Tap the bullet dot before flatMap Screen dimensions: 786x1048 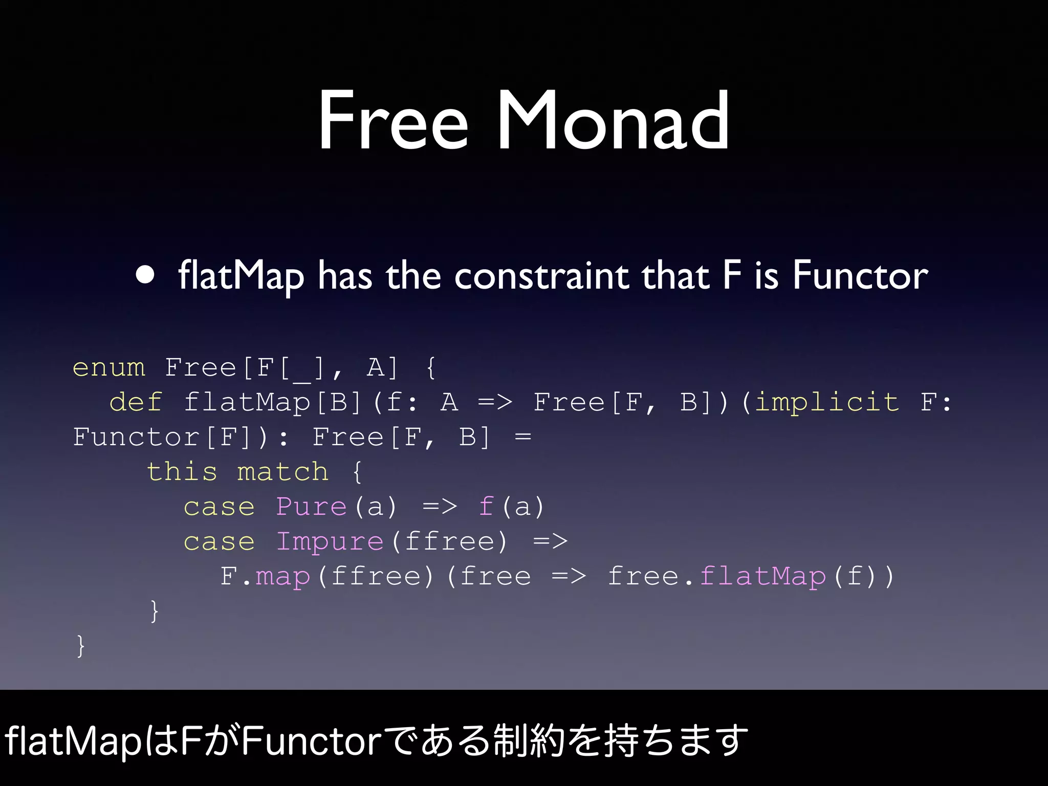pyautogui.click(x=145, y=275)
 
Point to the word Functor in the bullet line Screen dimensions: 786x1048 pyautogui.click(x=860, y=276)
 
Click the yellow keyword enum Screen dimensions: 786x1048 pyautogui.click(x=109, y=367)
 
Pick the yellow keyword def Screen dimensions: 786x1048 pyautogui.click(x=136, y=402)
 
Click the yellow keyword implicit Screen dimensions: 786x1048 pyautogui.click(x=826, y=402)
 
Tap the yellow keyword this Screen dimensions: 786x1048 pyautogui.click(x=182, y=472)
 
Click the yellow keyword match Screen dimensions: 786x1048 pyautogui.click(x=282, y=472)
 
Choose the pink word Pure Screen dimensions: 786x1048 pyautogui.click(x=311, y=507)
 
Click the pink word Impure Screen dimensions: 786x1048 pyautogui.click(x=330, y=542)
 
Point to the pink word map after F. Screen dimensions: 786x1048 pyautogui.click(x=283, y=577)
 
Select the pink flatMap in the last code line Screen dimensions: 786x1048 pyautogui.click(x=762, y=577)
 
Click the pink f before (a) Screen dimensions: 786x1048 pyautogui.click(x=486, y=507)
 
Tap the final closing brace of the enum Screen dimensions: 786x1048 pyautogui.click(x=80, y=646)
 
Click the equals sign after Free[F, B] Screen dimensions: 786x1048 pyautogui.click(x=523, y=437)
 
